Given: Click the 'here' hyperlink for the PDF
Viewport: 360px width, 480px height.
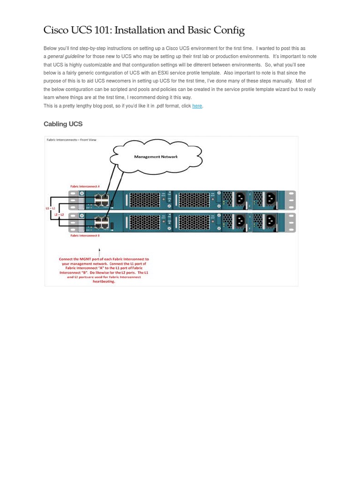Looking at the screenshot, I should (197, 106).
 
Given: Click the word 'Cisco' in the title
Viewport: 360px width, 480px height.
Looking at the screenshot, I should (56, 30).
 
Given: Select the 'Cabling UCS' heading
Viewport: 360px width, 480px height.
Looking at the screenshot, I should (63, 124).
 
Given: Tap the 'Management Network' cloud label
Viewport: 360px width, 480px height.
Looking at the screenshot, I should (156, 157).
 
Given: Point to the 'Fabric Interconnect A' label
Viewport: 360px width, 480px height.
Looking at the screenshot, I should (85, 186).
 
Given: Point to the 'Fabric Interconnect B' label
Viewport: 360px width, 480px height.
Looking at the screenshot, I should (85, 236).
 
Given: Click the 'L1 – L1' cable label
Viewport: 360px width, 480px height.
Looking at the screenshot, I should (50, 208).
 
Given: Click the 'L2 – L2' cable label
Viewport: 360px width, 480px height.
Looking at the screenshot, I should (59, 215).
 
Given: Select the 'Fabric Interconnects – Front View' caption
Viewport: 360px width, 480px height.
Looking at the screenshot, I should (71, 140).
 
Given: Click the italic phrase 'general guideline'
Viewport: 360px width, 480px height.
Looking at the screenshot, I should (66, 57).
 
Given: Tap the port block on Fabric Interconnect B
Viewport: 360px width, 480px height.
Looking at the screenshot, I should (101, 222).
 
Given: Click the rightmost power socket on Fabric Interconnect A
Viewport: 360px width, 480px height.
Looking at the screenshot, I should (270, 199).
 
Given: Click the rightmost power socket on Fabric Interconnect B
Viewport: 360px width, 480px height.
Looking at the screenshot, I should (270, 221).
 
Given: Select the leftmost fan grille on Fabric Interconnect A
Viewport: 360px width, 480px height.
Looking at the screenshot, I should (144, 200).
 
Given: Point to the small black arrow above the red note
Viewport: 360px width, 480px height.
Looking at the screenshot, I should (99, 253).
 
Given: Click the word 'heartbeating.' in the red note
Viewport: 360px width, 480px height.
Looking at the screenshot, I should (104, 282).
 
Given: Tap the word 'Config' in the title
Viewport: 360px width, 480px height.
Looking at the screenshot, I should (229, 30).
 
